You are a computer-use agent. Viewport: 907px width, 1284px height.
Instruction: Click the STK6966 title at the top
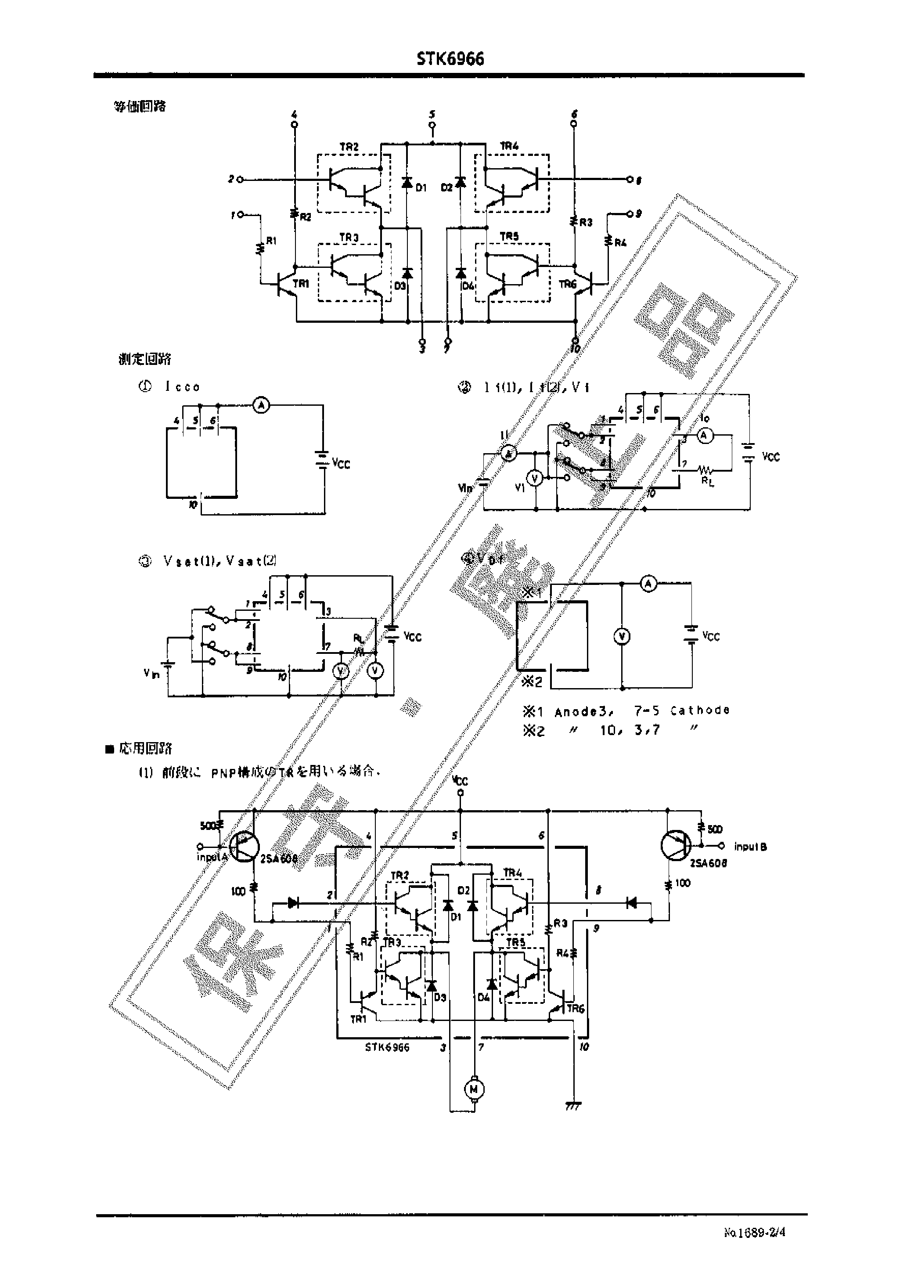coord(450,59)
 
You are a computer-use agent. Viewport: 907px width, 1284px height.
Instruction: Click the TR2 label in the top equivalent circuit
coord(349,147)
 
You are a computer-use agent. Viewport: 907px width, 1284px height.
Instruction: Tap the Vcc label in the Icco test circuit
coord(341,464)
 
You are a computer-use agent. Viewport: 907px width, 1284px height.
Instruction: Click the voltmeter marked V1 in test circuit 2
coord(535,478)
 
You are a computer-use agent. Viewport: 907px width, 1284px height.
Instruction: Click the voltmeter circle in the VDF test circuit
coord(622,636)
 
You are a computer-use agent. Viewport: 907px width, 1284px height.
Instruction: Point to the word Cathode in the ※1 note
coord(699,710)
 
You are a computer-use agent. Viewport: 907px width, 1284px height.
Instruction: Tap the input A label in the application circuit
coord(212,857)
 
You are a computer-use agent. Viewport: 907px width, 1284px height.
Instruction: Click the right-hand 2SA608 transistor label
coord(708,863)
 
